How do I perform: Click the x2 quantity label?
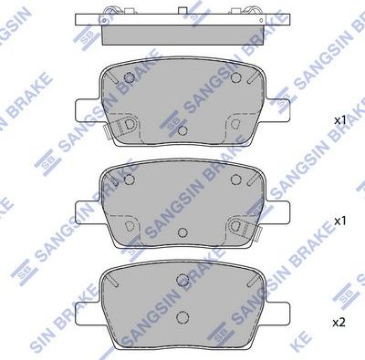(339, 323)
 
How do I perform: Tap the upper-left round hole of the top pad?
(129, 77)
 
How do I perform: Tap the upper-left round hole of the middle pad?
(129, 179)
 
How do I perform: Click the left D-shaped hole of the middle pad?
(129, 224)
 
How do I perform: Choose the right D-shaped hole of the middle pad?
(236, 224)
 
